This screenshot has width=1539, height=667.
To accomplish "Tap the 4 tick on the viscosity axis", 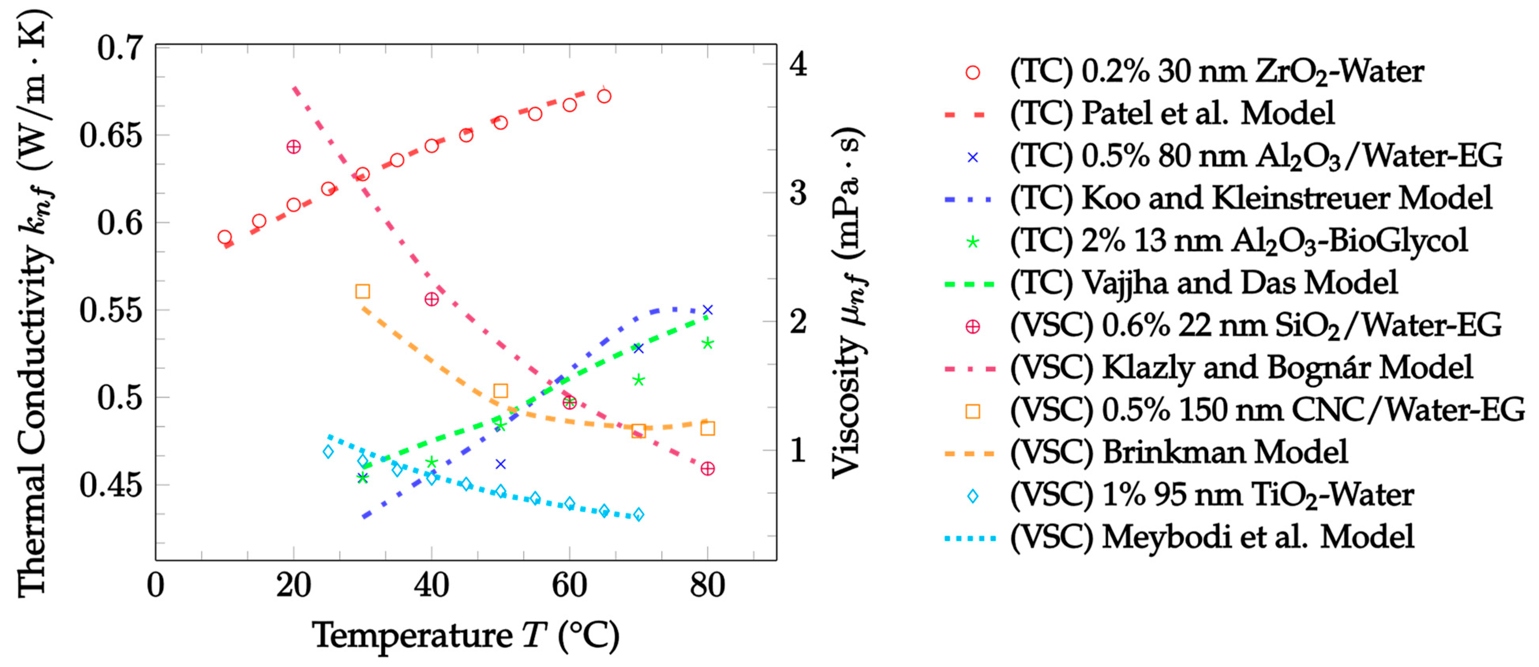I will click(x=798, y=63).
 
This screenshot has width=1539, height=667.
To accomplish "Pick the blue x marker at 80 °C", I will click(x=708, y=310).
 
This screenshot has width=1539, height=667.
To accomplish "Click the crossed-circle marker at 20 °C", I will click(x=293, y=147).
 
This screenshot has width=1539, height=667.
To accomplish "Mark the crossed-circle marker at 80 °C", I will click(x=708, y=469).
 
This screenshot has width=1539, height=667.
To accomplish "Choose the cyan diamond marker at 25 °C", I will click(x=328, y=452).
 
